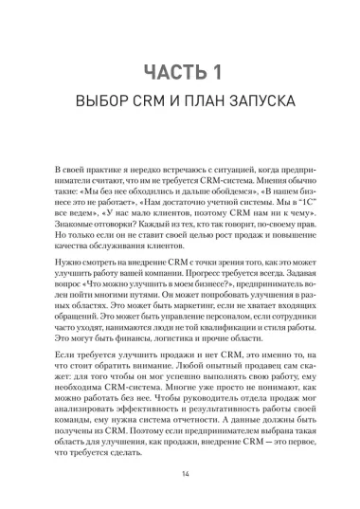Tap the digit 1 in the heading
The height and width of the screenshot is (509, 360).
218,73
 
